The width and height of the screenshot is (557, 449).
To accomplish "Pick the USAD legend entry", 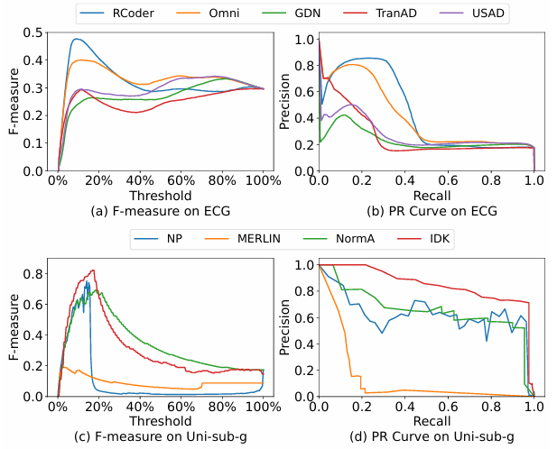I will (470, 14).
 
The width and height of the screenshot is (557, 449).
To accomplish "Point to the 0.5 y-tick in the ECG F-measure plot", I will (37, 32).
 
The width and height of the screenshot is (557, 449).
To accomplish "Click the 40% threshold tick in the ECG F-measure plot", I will (138, 180).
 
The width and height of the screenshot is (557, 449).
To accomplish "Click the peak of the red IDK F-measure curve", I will (93, 270).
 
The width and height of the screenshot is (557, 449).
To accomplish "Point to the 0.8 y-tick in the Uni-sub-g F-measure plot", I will (37, 271).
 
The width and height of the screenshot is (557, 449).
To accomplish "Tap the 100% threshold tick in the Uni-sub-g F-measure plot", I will (263, 406).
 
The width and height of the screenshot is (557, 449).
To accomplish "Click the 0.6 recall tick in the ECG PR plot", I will (449, 180).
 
